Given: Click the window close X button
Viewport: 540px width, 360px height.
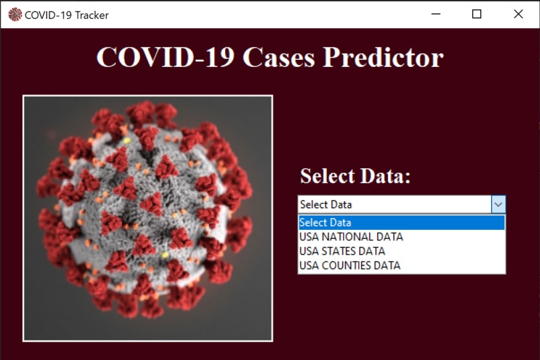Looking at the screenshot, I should pos(518,14).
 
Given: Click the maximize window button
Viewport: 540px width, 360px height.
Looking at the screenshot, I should pos(477,14).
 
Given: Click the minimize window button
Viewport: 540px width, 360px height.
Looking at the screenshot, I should pos(436,14).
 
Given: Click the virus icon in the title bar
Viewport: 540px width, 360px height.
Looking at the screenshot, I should pos(14,14).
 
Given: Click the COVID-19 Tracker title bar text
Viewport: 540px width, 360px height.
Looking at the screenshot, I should pos(66,15).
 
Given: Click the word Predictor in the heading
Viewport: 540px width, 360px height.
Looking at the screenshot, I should pos(383,58).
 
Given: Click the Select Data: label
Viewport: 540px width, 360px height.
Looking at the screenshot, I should pos(354,176).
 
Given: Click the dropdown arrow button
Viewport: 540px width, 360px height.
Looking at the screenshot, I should pos(498,204).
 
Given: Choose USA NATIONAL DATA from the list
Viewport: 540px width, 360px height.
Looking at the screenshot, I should pos(351,237).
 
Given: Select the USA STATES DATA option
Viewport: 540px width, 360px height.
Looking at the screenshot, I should pos(342,251).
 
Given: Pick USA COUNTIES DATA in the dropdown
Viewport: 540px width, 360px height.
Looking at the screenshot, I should pos(349,265).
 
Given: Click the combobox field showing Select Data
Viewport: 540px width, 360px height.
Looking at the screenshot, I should pos(394,204).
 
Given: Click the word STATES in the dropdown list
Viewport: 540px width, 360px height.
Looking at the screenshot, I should pos(340,251).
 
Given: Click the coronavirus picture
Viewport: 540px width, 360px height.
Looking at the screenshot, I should pos(147,218).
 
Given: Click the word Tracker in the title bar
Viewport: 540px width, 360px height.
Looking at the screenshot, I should pos(90,15).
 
